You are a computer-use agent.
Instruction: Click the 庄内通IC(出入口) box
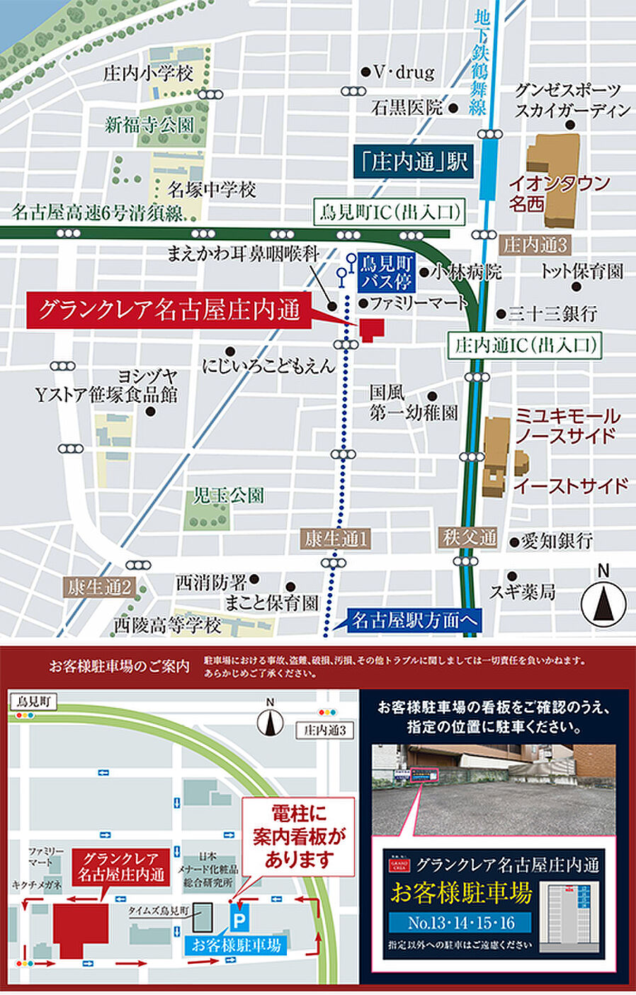click(525, 345)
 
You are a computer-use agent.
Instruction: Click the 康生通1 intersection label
click(336, 539)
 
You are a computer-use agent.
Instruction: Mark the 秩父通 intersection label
click(470, 537)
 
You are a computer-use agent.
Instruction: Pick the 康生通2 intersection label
click(100, 587)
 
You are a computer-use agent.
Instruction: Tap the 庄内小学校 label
click(148, 73)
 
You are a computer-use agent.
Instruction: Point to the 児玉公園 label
click(229, 495)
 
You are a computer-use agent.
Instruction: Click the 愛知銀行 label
click(557, 541)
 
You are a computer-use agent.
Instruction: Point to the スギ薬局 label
click(523, 590)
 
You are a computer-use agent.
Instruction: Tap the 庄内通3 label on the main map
click(535, 245)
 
